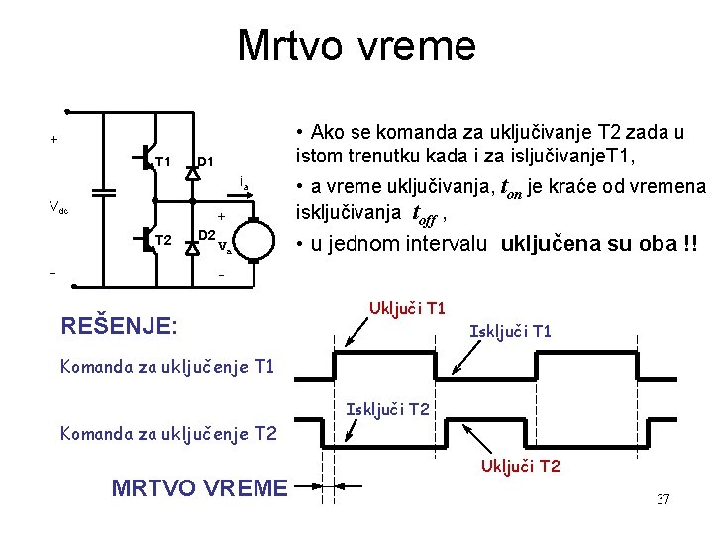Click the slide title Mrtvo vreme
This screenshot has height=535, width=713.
coord(356,46)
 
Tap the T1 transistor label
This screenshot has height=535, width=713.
coord(163,161)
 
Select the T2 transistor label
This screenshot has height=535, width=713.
coord(163,240)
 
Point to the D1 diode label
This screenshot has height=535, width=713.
coord(206,161)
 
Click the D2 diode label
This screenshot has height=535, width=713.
coord(207,235)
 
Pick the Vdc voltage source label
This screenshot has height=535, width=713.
coord(58,208)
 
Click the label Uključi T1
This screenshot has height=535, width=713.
coord(407,308)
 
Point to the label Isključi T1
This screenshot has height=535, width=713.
coord(510,331)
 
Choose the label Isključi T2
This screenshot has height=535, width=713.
coord(387,409)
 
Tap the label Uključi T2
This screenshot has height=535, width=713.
coord(521,465)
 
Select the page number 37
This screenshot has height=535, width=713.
coord(663,499)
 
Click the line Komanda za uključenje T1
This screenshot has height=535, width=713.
coord(166,367)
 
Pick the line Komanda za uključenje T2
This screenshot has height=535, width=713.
coord(166,433)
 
